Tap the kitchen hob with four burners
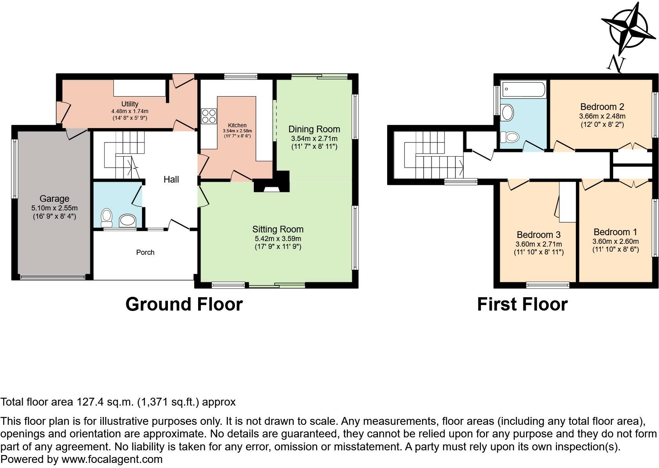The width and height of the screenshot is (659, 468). (x=209, y=116)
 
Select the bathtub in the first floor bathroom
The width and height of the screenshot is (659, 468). (x=523, y=89)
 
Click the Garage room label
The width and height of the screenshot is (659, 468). (x=55, y=199)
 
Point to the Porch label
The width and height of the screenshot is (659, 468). (x=145, y=252)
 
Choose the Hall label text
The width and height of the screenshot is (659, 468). (x=171, y=179)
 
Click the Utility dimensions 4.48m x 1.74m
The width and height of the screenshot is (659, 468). (x=130, y=112)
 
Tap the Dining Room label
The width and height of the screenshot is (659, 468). (x=314, y=129)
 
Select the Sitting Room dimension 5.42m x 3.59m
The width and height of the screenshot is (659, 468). (x=278, y=239)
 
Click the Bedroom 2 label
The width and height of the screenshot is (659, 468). (x=602, y=107)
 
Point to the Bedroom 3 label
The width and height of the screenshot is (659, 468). (x=539, y=235)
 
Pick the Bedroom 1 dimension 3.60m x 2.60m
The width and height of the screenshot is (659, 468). (x=615, y=241)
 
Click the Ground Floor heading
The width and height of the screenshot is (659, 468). (x=184, y=304)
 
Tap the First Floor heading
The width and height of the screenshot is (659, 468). (x=522, y=304)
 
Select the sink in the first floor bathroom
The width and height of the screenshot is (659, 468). (x=507, y=113)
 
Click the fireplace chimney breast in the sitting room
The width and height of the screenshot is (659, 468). (x=271, y=181)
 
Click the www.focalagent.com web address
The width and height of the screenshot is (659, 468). (x=112, y=459)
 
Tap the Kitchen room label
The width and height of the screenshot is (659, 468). (x=237, y=125)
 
